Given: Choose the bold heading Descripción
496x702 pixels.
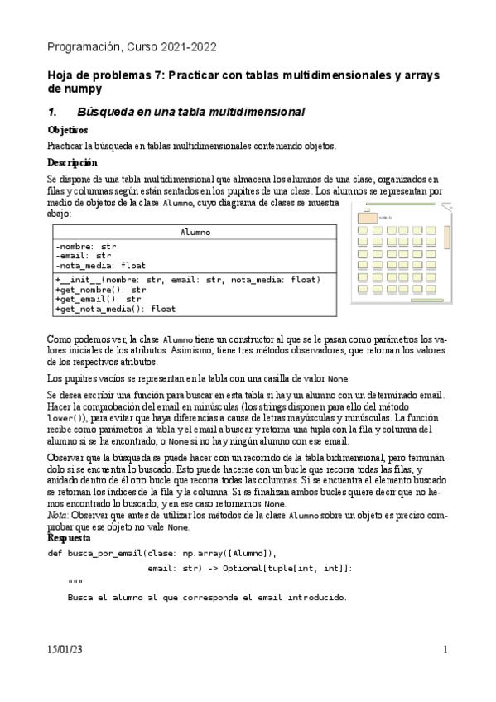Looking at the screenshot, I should tap(72, 162).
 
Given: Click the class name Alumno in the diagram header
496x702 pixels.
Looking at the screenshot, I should tap(195, 233).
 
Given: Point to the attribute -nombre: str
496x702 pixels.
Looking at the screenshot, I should tap(86, 247).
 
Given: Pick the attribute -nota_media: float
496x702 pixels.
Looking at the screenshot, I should tap(100, 266).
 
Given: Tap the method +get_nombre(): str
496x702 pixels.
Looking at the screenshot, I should tap(100, 290).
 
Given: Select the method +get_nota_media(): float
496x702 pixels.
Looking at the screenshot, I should tap(115, 309).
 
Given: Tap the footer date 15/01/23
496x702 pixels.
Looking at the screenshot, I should tap(65, 650).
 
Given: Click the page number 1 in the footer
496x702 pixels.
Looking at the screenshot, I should tap(445, 650).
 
